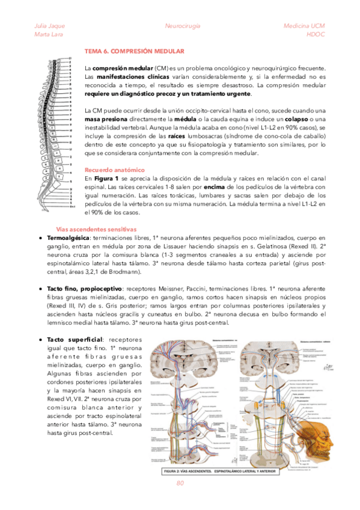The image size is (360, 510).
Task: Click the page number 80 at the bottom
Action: (x=180, y=483)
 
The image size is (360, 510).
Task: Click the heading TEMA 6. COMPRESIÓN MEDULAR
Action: (x=134, y=52)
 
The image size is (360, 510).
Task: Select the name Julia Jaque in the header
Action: (x=50, y=26)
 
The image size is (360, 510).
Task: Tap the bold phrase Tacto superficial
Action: (x=75, y=340)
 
